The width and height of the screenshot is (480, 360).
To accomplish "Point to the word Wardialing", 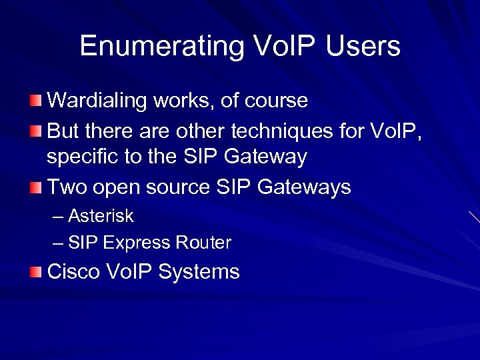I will pyautogui.click(x=97, y=101).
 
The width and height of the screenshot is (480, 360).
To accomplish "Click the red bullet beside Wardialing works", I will pyautogui.click(x=35, y=101).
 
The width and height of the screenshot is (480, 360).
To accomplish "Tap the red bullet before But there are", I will pyautogui.click(x=35, y=131).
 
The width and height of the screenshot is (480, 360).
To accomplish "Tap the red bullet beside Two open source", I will pyautogui.click(x=35, y=187).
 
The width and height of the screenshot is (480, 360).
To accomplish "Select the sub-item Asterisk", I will pyautogui.click(x=101, y=216).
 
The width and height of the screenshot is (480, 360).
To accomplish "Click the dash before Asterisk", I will pyautogui.click(x=58, y=217).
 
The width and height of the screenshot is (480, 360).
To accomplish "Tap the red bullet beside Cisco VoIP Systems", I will pyautogui.click(x=35, y=272).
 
